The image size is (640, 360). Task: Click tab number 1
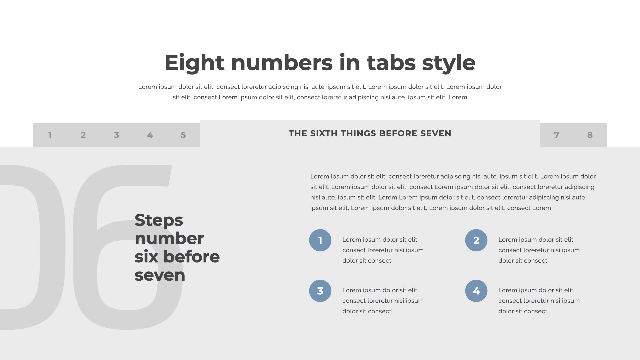(x=50, y=135)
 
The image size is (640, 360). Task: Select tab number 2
(x=83, y=135)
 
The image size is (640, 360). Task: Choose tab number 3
(x=117, y=135)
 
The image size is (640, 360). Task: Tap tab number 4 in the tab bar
(x=150, y=135)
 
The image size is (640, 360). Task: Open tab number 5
(x=183, y=135)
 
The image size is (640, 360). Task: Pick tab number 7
(x=557, y=135)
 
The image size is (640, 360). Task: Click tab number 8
(x=590, y=135)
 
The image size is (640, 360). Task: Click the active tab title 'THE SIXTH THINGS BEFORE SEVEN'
(x=370, y=133)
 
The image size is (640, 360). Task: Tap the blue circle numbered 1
(x=320, y=240)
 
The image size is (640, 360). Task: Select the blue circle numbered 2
(x=476, y=240)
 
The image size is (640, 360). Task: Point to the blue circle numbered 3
(x=320, y=291)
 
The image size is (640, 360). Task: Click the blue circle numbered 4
(x=476, y=291)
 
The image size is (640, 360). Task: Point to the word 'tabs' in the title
(x=391, y=63)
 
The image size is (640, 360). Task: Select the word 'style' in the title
(x=449, y=63)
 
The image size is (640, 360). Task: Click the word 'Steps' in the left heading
(x=159, y=221)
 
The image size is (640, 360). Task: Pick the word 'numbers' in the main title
(x=282, y=63)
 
